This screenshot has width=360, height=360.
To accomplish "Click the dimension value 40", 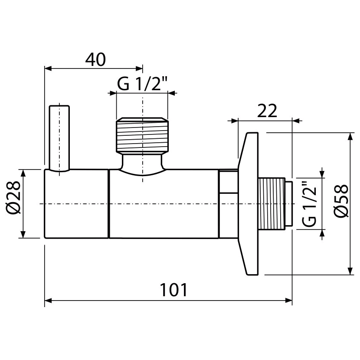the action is point(95,59).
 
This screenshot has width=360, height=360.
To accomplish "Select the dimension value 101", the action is point(173,290).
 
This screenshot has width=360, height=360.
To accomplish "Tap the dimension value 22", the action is point(267,111).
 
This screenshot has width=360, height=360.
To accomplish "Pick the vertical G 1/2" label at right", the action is point(309,204).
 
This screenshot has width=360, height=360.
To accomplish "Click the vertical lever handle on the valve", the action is point(59,138).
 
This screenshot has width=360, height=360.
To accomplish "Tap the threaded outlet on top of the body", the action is point(142,135).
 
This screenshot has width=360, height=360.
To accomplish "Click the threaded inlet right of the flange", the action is point(272,203).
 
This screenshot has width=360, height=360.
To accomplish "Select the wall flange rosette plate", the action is point(248,204).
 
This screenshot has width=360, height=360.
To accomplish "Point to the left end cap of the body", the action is point(76,204).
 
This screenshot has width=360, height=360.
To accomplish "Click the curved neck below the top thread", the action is point(142,164).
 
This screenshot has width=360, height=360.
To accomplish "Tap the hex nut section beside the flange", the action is point(229,204).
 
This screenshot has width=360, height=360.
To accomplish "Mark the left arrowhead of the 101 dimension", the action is point(48,300).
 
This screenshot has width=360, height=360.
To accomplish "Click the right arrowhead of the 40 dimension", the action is point(139,69).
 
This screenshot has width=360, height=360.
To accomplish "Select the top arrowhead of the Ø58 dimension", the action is point(350,136).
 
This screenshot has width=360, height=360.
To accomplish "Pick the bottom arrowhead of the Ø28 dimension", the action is point(23,234).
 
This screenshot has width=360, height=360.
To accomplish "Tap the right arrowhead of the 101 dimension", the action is point(288,300).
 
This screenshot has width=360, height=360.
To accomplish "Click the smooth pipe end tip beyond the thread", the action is point(289,203).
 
